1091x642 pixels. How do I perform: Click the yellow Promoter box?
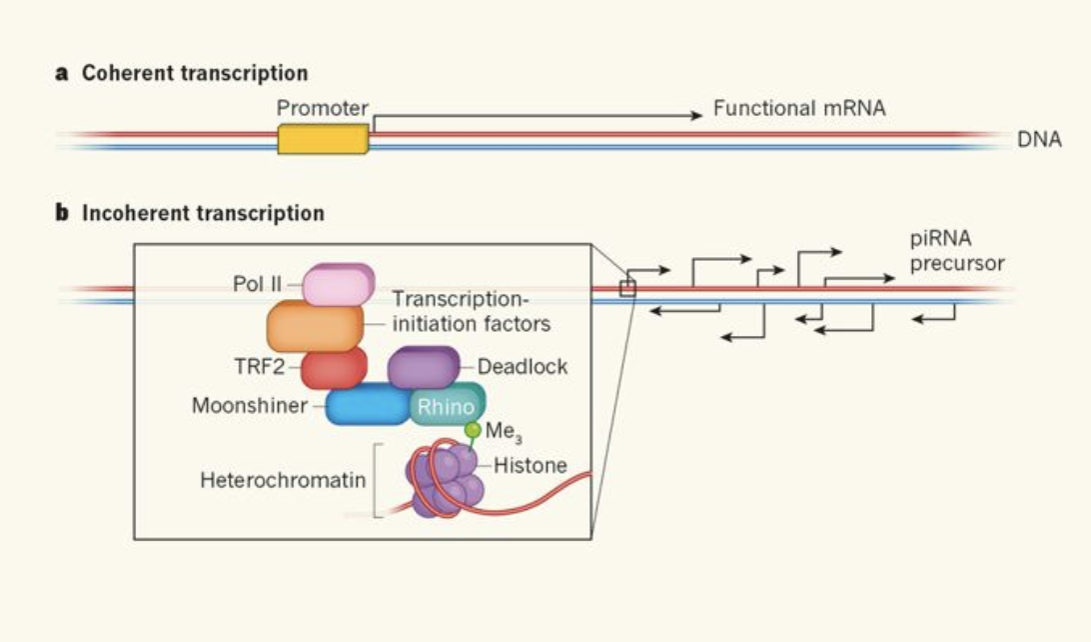pyautogui.click(x=323, y=139)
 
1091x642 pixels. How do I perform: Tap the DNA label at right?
pyautogui.click(x=1039, y=140)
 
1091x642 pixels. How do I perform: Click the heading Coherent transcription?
pyautogui.click(x=194, y=73)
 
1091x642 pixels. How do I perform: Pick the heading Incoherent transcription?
pyautogui.click(x=202, y=213)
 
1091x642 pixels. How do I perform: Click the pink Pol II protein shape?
pyautogui.click(x=338, y=285)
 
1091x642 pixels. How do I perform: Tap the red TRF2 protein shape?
pyautogui.click(x=334, y=368)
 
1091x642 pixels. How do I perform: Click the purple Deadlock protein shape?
pyautogui.click(x=423, y=366)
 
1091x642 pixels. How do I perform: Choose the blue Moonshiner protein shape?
pyautogui.click(x=367, y=405)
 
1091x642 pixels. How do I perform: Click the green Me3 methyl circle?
pyautogui.click(x=473, y=430)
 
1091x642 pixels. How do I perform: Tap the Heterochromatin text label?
pyautogui.click(x=283, y=480)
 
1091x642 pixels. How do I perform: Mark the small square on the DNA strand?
pyautogui.click(x=627, y=289)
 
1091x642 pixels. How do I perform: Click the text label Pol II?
pyautogui.click(x=258, y=284)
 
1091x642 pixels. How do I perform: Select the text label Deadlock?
pyautogui.click(x=523, y=366)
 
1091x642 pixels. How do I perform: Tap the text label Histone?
pyautogui.click(x=530, y=465)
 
